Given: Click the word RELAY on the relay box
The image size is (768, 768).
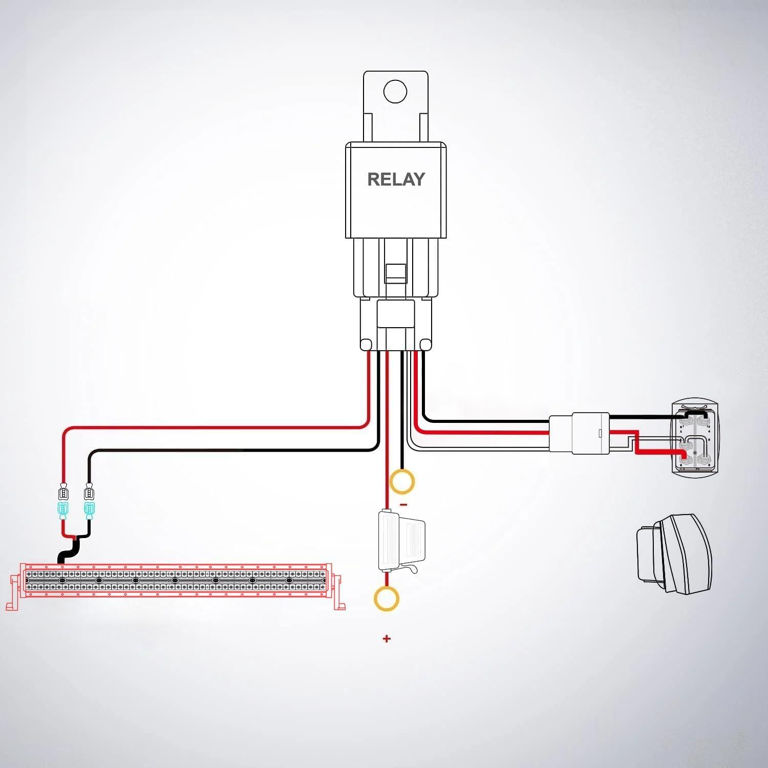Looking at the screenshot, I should click(x=396, y=179).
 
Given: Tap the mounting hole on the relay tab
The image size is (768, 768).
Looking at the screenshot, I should click(x=395, y=92).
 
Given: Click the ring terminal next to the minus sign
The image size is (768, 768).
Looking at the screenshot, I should click(x=402, y=482).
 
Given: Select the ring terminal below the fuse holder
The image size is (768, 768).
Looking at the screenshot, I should click(x=387, y=598).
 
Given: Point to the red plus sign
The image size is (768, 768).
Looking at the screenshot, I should click(x=387, y=638).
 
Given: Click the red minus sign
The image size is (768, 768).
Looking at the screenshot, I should click(x=403, y=505).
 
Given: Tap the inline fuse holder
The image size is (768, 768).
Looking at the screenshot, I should click(x=400, y=541).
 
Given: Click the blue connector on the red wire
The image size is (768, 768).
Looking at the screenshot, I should click(x=63, y=510).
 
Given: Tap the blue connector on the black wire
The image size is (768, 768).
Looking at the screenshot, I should click(x=90, y=510).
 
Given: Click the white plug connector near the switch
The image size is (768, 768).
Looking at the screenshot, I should click(x=580, y=433).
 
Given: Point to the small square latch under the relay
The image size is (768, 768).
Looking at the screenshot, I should click(x=395, y=272).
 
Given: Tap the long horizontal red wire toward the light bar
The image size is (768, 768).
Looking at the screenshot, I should click(x=215, y=427).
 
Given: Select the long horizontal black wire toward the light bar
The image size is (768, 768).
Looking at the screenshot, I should click(x=230, y=451).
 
